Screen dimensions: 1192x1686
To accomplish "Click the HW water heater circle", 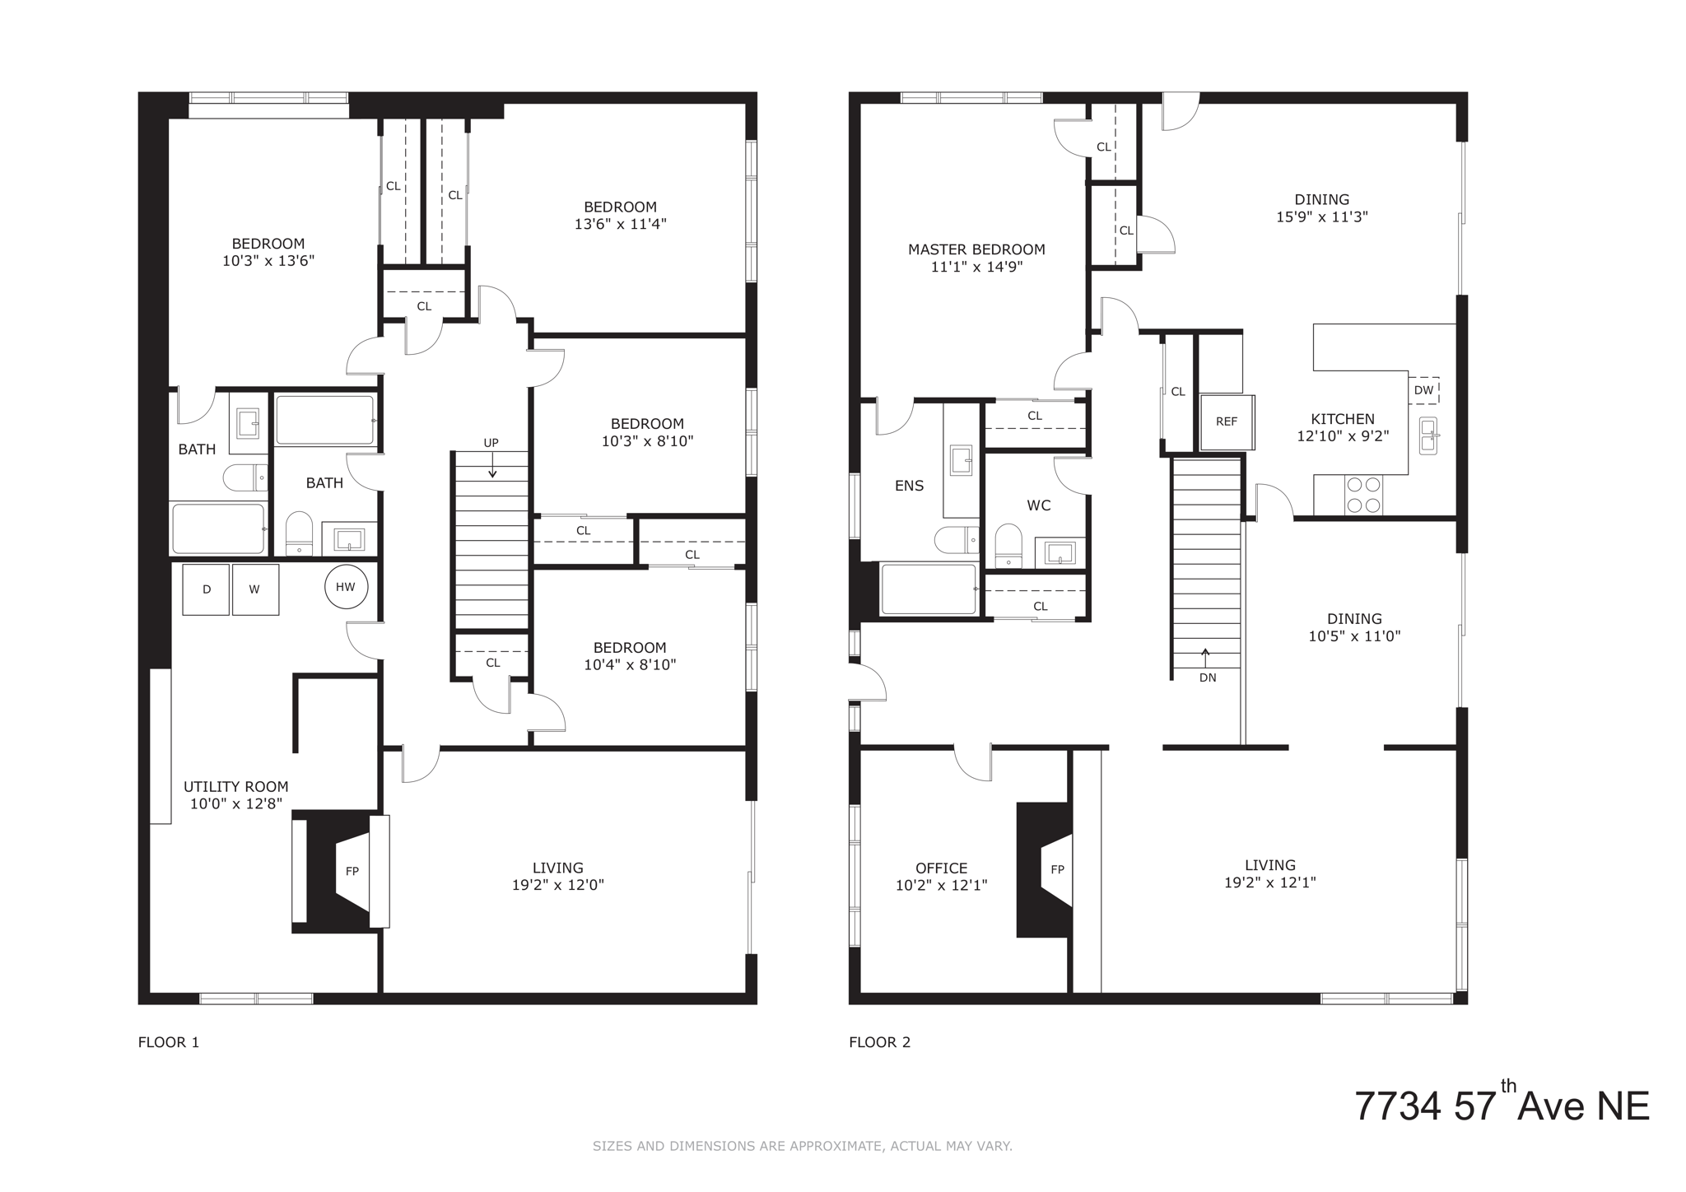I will click(x=346, y=587).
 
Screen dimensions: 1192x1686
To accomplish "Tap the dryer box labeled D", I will click(x=206, y=589).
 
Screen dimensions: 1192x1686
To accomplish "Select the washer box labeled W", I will click(x=255, y=589).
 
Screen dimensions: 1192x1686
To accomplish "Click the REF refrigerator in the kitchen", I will click(x=1227, y=421).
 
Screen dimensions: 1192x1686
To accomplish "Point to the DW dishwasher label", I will click(x=1423, y=390).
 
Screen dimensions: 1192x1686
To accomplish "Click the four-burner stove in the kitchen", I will click(x=1362, y=495).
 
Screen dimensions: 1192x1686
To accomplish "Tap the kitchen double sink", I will click(x=1429, y=435).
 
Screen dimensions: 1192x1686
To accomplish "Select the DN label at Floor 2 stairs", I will click(x=1208, y=677).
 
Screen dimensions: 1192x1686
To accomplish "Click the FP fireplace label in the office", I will click(x=1057, y=869).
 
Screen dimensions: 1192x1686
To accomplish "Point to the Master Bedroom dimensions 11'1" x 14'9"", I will click(x=976, y=267).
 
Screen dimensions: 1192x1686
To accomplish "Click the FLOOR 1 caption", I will click(x=169, y=1042).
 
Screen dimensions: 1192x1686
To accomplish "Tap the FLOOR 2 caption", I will click(x=879, y=1042).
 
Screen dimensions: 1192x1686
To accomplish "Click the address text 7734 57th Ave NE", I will click(x=1502, y=1106).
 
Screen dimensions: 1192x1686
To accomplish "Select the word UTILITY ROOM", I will click(x=235, y=787).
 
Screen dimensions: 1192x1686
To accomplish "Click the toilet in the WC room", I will click(x=1008, y=545).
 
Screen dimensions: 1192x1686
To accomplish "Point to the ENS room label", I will click(x=909, y=486).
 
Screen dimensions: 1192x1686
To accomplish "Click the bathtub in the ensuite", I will click(x=929, y=589).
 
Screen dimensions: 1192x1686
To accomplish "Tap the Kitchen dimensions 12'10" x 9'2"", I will click(x=1343, y=436).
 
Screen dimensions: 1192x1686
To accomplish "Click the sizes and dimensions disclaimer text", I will click(x=802, y=1146).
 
